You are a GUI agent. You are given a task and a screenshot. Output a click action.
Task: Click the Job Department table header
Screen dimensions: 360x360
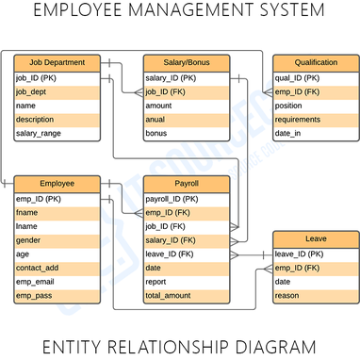(x=57, y=63)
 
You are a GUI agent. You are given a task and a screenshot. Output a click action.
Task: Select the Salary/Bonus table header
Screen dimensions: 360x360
(x=186, y=63)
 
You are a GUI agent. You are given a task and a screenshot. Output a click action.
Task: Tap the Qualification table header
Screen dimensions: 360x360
(x=316, y=63)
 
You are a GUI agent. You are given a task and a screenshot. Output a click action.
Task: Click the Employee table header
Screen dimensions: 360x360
(x=57, y=184)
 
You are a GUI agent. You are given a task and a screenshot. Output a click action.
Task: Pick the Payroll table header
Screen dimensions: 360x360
(x=186, y=184)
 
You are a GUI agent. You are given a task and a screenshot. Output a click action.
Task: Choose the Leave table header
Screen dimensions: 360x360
(x=316, y=238)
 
